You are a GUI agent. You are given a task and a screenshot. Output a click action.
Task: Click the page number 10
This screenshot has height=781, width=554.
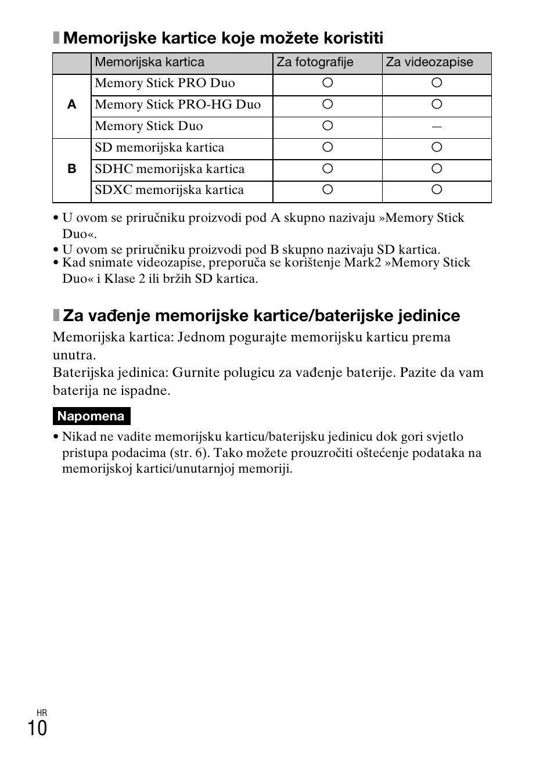point(37,728)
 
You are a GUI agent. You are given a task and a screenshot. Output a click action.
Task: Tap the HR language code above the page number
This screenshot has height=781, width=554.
point(41,712)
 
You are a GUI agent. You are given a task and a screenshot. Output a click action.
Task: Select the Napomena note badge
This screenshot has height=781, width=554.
point(91,416)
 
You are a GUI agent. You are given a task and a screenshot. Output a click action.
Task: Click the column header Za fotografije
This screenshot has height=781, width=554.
point(315,63)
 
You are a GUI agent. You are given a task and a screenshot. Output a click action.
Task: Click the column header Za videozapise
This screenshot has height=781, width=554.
point(429,63)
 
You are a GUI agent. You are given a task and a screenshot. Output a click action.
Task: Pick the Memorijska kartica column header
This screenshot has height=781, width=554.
point(150,63)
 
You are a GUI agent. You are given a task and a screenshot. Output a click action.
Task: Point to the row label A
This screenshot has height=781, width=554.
point(71,105)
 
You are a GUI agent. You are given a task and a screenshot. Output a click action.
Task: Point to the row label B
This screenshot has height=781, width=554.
point(71,169)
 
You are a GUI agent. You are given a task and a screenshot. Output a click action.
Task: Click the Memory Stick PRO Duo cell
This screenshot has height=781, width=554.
point(165,84)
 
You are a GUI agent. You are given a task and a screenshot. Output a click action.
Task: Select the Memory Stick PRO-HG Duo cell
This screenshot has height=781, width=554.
point(178,105)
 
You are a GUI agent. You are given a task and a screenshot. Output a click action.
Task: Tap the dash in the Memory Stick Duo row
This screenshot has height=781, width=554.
point(437,127)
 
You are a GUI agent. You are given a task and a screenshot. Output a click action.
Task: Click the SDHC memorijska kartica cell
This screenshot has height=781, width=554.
point(170,169)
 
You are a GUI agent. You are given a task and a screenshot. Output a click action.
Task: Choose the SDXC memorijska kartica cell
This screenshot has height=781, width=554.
point(169,190)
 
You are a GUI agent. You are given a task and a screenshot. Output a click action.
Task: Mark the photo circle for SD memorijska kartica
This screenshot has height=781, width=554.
point(328,147)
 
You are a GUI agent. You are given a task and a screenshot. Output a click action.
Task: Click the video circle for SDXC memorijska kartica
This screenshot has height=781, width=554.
point(437,190)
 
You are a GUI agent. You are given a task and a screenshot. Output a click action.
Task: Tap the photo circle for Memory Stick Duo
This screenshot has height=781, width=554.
point(328,126)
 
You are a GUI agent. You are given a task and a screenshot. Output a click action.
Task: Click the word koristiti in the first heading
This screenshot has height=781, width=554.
point(352,39)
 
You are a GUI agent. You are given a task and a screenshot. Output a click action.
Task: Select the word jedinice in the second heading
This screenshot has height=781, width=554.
point(429,316)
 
